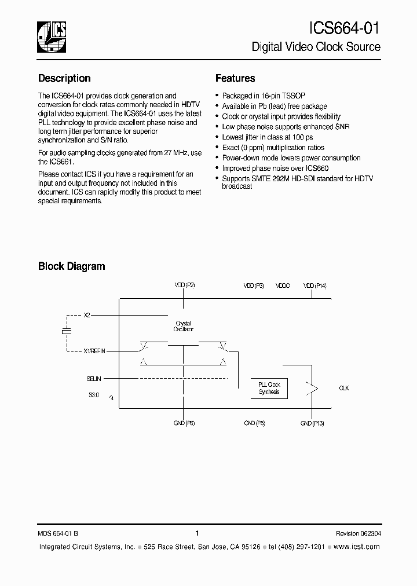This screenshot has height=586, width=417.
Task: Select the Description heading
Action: pos(64,78)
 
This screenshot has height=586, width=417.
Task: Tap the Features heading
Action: pos(235,78)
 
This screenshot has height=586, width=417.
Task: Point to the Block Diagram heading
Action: pos(71,266)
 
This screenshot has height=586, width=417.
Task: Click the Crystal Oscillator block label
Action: pos(183,327)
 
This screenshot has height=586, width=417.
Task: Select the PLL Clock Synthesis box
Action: pos(269,389)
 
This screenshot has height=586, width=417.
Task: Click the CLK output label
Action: pos(343,388)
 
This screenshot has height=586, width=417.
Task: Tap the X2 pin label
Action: pos(87,315)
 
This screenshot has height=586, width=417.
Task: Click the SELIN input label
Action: pos(94,379)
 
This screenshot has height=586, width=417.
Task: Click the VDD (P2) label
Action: pos(185,286)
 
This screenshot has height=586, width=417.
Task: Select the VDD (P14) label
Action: pos(314,286)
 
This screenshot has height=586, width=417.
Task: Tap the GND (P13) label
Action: pos(312,423)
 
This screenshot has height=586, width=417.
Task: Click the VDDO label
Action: pos(283,286)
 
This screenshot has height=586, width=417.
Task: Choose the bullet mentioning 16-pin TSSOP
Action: pos(259,96)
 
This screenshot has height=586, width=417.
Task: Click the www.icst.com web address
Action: pos(357,547)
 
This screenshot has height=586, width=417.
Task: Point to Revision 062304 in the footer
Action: pos(358,533)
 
